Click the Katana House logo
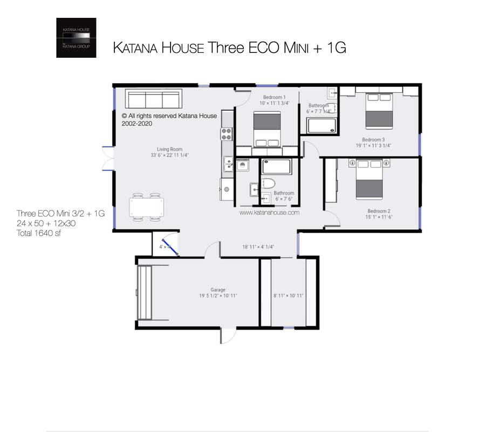point(76,38)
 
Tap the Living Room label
point(169,149)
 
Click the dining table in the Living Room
point(146,207)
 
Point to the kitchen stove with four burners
point(226,133)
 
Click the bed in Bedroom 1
point(267,130)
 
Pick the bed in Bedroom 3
point(379,111)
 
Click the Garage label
point(218,289)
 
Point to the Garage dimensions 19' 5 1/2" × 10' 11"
point(218,295)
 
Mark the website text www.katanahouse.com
point(269,213)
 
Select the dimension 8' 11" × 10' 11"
point(289,295)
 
